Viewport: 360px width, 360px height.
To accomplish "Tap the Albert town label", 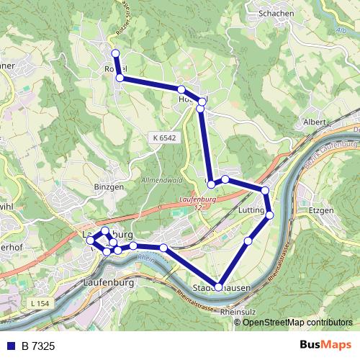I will [316, 122].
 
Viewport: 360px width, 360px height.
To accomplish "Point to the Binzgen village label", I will [109, 186].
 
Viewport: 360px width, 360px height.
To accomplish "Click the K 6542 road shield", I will [164, 136].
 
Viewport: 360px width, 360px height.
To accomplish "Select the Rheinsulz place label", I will [240, 312].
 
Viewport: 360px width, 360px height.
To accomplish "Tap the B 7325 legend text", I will [39, 346].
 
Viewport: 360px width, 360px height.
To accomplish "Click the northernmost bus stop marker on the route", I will [115, 53].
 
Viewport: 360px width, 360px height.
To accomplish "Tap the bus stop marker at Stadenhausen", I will [218, 287].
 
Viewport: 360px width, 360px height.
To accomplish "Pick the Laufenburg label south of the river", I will [109, 283].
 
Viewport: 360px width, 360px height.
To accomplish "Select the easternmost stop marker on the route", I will [271, 215].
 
